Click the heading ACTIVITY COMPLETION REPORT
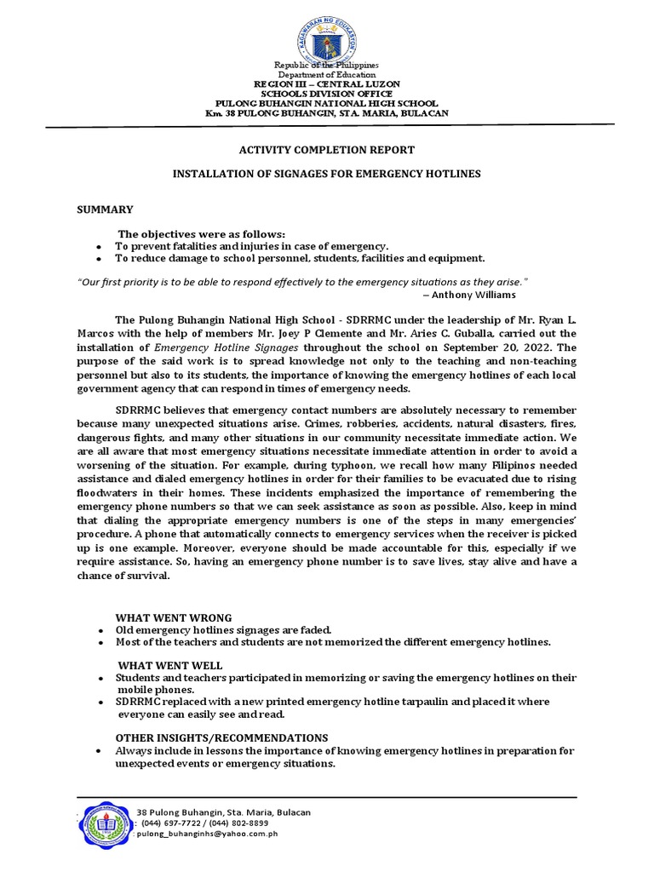(x=326, y=150)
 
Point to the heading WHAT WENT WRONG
(x=174, y=617)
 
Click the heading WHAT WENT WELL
(x=169, y=665)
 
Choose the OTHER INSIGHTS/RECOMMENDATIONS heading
(x=221, y=737)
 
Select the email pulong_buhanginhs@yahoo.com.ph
(x=207, y=835)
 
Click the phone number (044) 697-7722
(x=174, y=824)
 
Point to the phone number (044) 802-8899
(x=239, y=824)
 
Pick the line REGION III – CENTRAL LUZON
(x=327, y=85)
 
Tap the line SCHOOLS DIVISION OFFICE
(x=327, y=95)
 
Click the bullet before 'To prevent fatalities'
(x=100, y=246)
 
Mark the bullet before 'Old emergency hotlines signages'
(x=100, y=629)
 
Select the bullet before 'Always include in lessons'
(x=100, y=752)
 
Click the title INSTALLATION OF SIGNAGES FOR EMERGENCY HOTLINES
(x=327, y=174)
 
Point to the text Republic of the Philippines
(x=327, y=66)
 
